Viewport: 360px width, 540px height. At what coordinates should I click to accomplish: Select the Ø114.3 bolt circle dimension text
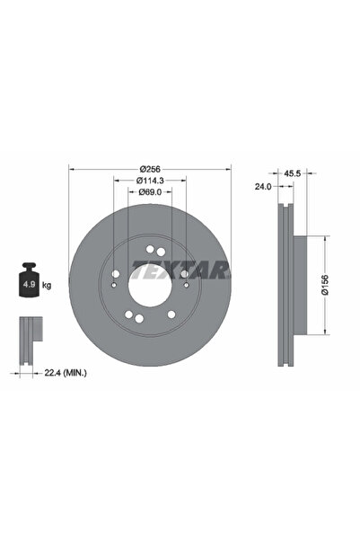[150, 181]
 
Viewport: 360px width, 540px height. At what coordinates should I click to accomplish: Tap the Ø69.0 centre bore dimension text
[150, 191]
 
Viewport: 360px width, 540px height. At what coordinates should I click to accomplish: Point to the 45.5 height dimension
[292, 173]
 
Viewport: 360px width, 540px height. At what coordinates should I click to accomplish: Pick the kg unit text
[47, 286]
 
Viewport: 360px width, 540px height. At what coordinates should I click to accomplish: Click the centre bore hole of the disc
[150, 288]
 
